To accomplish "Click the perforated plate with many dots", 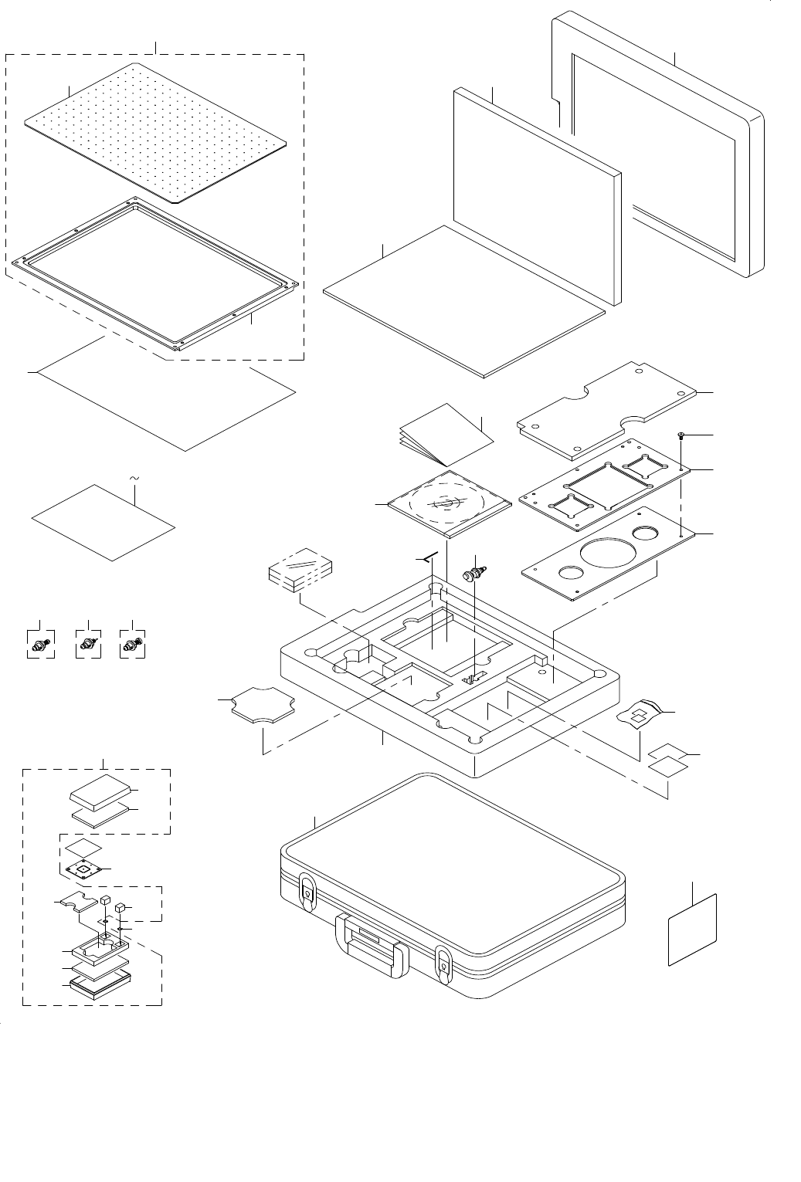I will tap(154, 131).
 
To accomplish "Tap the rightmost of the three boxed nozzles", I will tap(134, 643).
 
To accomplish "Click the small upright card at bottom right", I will tap(693, 930).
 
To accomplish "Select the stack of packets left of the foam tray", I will tap(300, 571).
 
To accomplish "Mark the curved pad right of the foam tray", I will tap(641, 713).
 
